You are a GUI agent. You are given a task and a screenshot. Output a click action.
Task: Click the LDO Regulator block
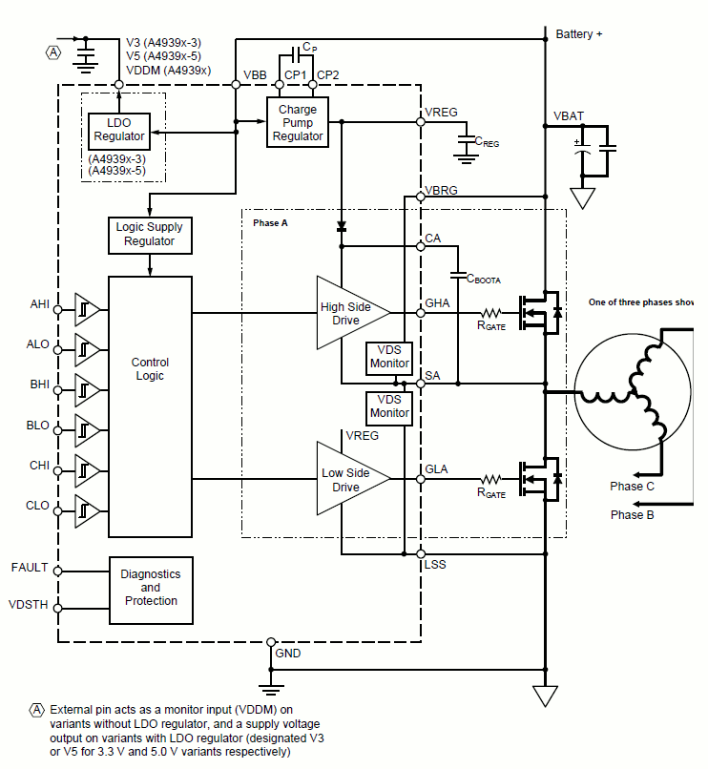119,130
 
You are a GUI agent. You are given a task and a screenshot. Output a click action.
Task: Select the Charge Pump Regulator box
298,123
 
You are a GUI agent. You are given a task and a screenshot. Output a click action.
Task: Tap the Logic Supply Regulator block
149,235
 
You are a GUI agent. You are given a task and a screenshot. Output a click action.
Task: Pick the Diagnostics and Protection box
150,588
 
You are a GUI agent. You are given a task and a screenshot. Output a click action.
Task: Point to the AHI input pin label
39,304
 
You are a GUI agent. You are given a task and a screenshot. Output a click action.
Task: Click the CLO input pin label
37,506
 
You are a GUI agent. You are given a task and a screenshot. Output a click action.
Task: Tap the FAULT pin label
30,568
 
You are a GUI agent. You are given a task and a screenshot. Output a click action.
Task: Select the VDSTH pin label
28,605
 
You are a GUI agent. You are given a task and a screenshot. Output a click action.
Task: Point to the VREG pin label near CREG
441,112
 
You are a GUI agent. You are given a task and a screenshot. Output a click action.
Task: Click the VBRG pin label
441,190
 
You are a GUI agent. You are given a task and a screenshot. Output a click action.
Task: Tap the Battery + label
579,33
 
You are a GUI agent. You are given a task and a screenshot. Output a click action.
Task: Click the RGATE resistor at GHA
490,312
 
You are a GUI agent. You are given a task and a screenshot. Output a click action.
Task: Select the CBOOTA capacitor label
483,278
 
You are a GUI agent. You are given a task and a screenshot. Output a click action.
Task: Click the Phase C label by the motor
632,486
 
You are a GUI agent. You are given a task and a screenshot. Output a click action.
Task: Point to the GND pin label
287,654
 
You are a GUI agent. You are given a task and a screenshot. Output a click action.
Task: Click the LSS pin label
435,564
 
